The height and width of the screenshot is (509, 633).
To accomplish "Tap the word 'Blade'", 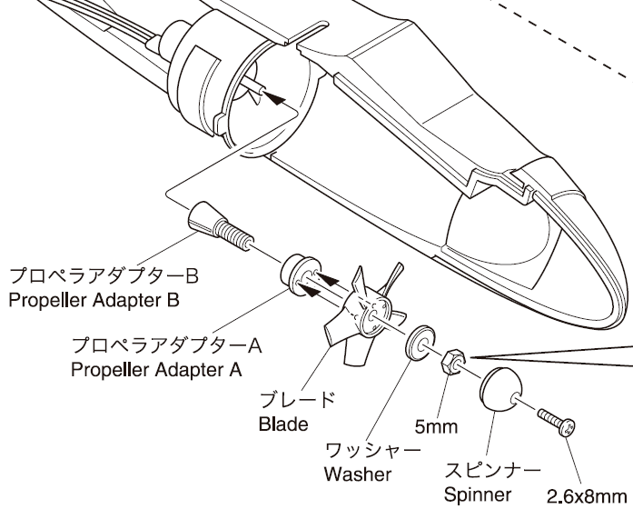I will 283,424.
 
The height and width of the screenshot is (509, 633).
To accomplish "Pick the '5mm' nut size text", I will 436,425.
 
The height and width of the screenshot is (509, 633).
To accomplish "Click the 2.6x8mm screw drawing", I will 556,419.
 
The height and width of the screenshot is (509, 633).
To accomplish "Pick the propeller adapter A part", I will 296,274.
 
